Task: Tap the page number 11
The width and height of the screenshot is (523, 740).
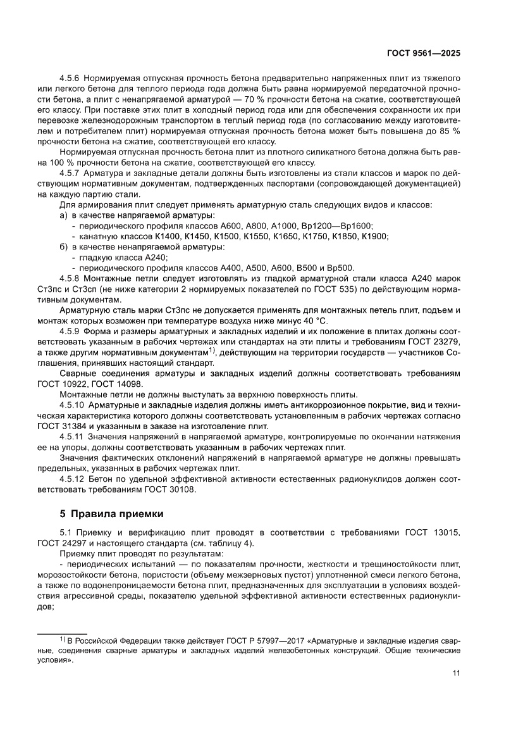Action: (456, 673)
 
